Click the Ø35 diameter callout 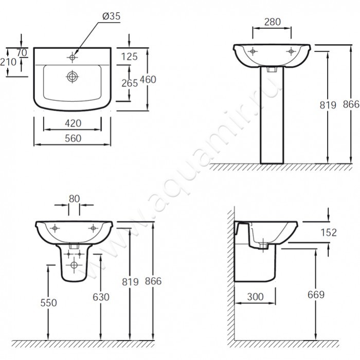112,16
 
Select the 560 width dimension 73,138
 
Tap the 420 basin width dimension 73,123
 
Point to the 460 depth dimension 148,79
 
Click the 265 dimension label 130,83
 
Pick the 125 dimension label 129,57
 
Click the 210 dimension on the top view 8,62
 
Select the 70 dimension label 22,52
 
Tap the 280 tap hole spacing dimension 273,22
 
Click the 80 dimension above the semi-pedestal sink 74,199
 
